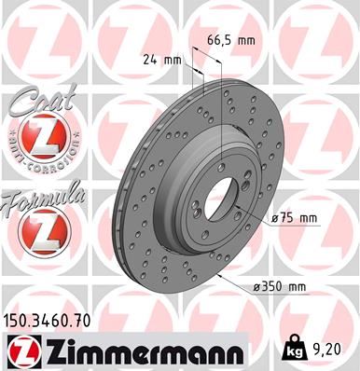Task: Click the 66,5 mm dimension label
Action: click(229, 41)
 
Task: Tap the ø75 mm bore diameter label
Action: click(296, 218)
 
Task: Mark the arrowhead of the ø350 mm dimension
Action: click(221, 277)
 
